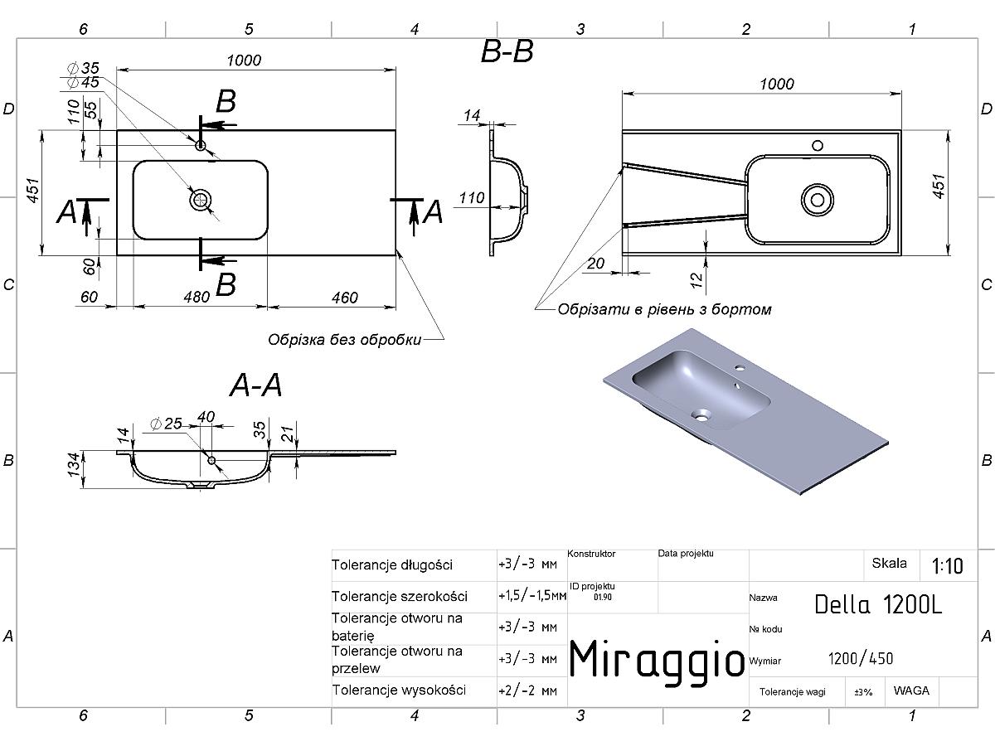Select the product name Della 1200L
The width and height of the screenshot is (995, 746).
878,604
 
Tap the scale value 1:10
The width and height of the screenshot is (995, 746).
948,566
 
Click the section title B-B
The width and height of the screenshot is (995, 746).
507,51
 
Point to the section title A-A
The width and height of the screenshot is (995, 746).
256,385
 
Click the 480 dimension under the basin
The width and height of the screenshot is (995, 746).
197,297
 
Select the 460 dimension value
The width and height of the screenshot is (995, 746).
344,298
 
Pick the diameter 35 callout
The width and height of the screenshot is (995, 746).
83,68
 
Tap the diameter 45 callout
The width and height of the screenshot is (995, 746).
83,82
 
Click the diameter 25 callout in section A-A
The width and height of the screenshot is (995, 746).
166,424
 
